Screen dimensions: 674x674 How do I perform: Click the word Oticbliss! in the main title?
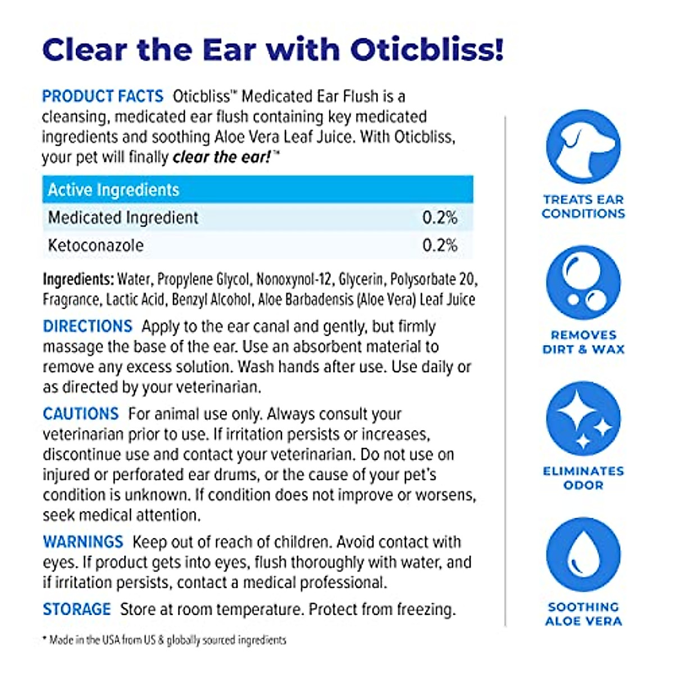(x=427, y=49)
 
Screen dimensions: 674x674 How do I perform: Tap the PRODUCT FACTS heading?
(x=103, y=96)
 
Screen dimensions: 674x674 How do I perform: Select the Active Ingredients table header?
(x=113, y=190)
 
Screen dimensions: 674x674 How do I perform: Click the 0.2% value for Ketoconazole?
(x=440, y=245)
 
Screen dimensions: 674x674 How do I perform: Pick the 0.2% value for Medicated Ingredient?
(x=440, y=217)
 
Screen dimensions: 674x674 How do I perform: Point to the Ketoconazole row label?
(x=96, y=245)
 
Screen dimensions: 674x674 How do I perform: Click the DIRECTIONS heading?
(x=88, y=326)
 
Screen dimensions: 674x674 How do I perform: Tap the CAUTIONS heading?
(x=81, y=414)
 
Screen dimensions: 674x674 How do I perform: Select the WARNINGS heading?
(x=83, y=542)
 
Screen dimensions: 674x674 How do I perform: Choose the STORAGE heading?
(x=77, y=609)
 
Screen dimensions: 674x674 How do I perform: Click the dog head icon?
(x=583, y=147)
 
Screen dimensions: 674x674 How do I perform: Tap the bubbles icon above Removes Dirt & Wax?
(x=583, y=283)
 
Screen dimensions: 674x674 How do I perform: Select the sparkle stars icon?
(x=583, y=418)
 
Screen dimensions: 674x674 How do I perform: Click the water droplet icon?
(x=583, y=555)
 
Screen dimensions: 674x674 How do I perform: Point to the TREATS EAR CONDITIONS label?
(x=583, y=206)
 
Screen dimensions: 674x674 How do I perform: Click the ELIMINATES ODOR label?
(x=583, y=478)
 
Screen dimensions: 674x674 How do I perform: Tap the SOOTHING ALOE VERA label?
(x=583, y=614)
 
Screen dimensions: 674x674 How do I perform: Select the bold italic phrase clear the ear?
(x=222, y=157)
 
